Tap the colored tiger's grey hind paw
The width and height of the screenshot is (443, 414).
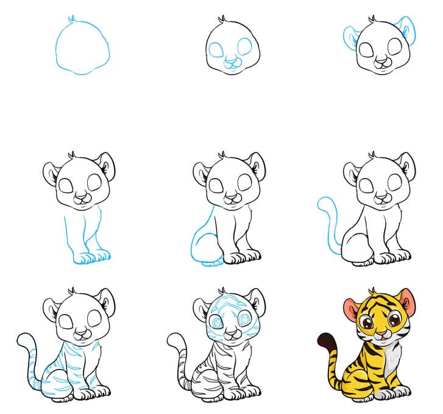click(357, 401)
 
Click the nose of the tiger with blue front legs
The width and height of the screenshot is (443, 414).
click(81, 196)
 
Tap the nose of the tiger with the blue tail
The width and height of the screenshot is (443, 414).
click(381, 196)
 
